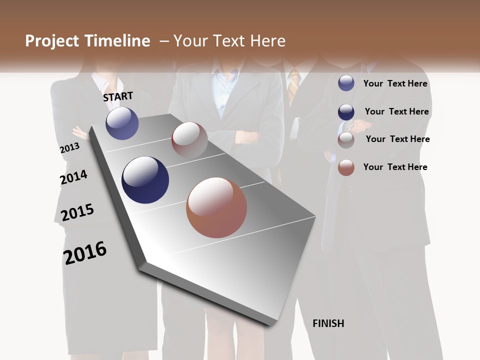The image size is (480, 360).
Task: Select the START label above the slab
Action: point(118,96)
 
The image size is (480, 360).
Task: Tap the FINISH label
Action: point(328,323)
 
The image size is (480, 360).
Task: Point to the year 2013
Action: point(69,148)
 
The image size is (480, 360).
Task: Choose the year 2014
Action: point(73,177)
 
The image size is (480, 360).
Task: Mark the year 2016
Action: point(85,252)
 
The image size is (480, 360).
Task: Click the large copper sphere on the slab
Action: point(216,207)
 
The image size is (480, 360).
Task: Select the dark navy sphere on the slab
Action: point(145,180)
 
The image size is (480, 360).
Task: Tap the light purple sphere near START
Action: point(122,123)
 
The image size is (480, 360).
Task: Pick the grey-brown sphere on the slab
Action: point(189,140)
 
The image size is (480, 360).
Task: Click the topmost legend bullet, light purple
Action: point(346,83)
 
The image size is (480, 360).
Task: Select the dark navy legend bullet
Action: point(346,112)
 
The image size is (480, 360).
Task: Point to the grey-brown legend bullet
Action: point(346,140)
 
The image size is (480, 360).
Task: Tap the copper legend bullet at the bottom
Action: point(346,167)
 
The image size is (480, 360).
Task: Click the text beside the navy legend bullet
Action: point(396,111)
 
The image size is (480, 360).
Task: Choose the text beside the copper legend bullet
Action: point(395,167)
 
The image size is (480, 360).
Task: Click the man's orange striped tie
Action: point(293,82)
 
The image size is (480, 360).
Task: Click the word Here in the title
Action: point(267,41)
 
